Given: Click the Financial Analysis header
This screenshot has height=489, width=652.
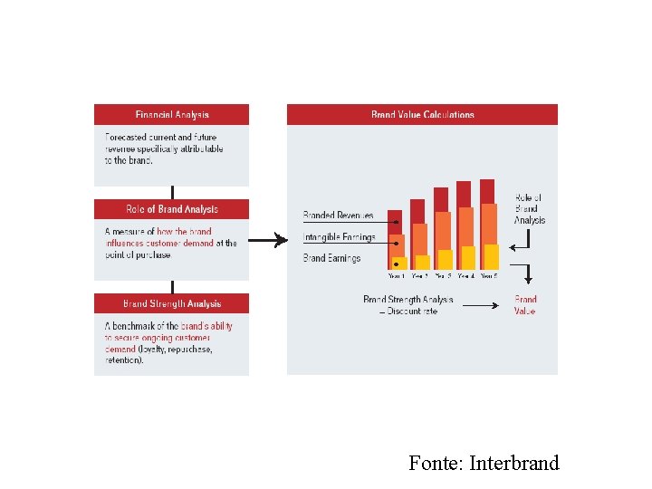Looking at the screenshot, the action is tap(171, 115).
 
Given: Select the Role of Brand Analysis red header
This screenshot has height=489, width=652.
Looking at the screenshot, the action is tap(171, 209).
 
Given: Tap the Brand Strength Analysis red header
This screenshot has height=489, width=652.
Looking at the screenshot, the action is tap(171, 303).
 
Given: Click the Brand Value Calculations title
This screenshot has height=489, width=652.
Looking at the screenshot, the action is tap(422, 115).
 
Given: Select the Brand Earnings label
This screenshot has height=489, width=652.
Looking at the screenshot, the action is tap(331, 258).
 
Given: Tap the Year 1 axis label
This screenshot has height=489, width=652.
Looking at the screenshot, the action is tap(397, 275).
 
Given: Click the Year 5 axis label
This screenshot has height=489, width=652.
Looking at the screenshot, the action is tap(489, 275).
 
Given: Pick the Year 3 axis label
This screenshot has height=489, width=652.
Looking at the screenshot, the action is tap(443, 275).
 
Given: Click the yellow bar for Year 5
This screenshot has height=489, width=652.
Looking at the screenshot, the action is tap(491, 256).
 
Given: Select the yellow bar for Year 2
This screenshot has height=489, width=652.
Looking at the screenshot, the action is tap(422, 262).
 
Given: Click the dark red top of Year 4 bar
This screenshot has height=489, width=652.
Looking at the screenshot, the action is tap(464, 193).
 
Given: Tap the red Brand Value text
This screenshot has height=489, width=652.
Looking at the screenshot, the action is tap(525, 305).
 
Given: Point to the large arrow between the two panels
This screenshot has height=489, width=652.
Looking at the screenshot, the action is tap(267, 241).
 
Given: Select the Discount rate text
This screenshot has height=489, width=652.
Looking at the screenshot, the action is tap(412, 311).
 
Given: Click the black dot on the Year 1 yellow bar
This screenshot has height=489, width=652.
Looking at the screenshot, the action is tap(397, 264).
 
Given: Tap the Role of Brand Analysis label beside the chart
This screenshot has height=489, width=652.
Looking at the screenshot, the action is tap(530, 209).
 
